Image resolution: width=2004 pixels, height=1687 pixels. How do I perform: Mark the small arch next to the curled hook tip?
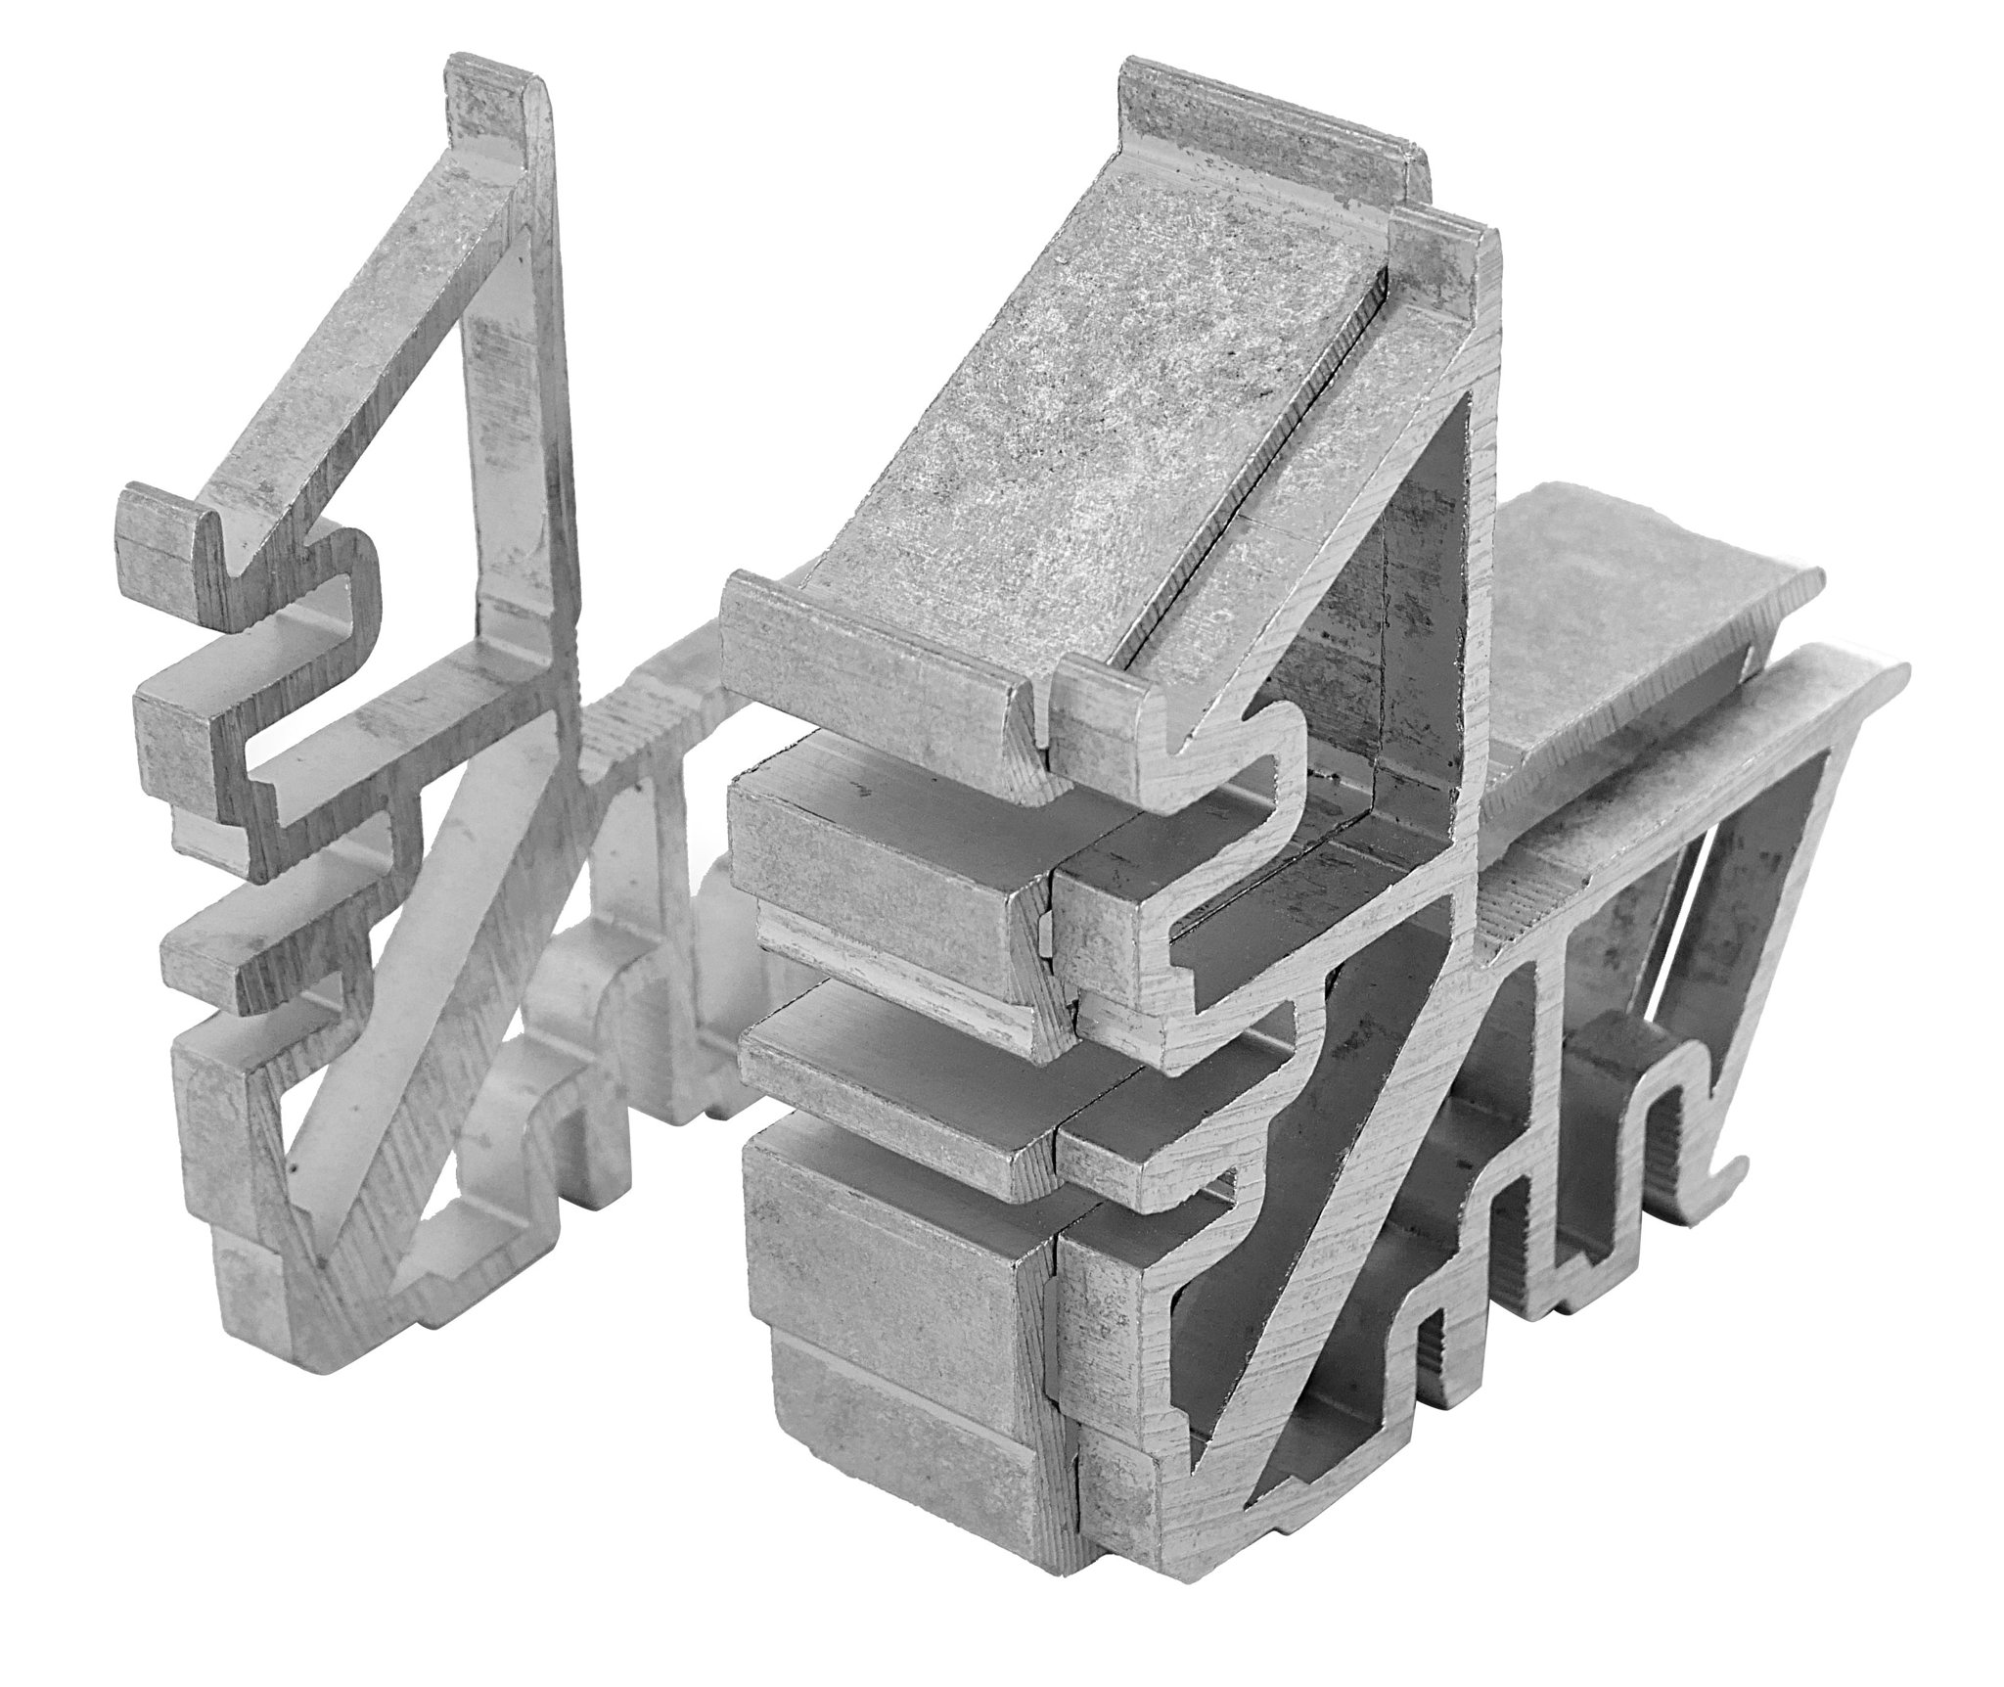click(x=1644, y=1106)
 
